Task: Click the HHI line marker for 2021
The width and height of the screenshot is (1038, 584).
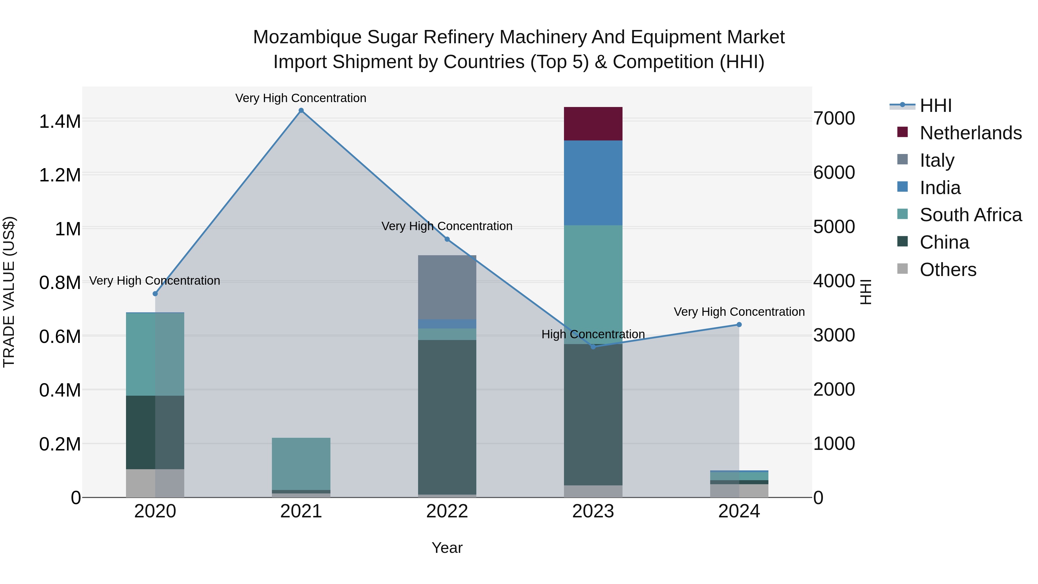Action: click(x=301, y=110)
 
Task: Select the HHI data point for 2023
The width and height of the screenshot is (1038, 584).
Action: click(x=593, y=347)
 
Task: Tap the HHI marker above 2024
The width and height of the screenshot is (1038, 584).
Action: click(x=739, y=324)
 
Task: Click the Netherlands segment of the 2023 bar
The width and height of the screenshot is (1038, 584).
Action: click(x=593, y=124)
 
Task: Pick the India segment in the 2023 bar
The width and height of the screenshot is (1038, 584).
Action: click(x=593, y=183)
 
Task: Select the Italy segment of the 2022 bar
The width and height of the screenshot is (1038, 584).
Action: click(x=447, y=287)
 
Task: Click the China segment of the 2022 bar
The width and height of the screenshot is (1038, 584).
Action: click(x=447, y=417)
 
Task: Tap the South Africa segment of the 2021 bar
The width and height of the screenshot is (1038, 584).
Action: click(x=301, y=463)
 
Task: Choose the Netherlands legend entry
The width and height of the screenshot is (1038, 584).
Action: click(x=970, y=133)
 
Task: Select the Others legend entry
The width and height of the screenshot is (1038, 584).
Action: click(x=948, y=270)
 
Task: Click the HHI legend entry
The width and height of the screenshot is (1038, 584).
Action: click(x=936, y=106)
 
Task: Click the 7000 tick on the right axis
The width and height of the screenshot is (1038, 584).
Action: click(x=834, y=119)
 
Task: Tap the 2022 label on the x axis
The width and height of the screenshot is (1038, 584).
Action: click(x=447, y=511)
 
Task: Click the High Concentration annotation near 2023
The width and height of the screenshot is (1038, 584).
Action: click(x=593, y=334)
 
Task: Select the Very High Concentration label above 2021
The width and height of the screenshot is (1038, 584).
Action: click(x=301, y=98)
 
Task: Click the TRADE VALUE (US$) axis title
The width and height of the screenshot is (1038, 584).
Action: click(x=9, y=292)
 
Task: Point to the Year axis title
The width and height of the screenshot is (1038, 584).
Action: click(x=447, y=548)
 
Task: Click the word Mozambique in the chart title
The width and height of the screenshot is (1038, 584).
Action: click(x=307, y=37)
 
